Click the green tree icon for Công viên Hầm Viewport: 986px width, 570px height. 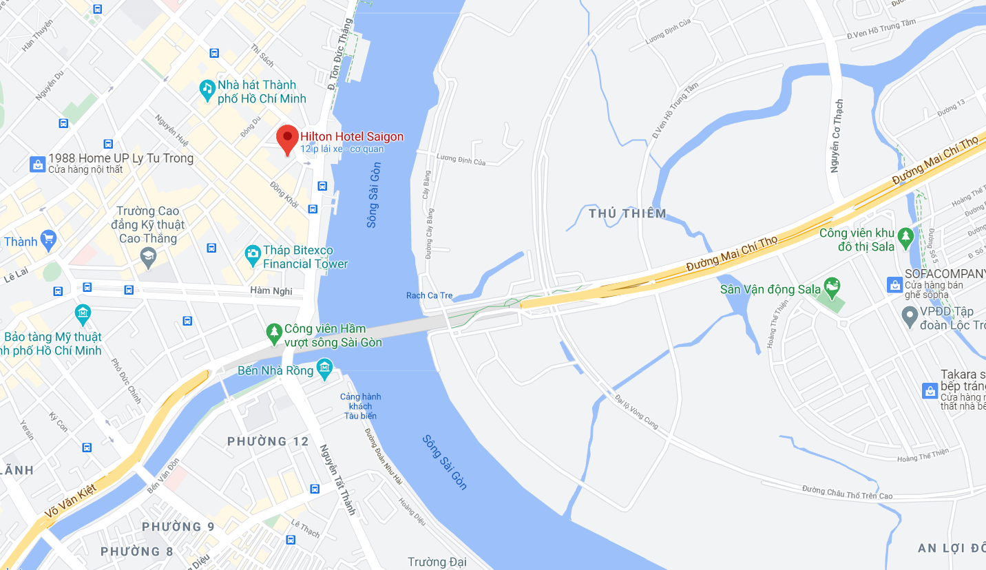(274, 333)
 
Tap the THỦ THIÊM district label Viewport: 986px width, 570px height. (627, 213)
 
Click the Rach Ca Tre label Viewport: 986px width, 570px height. (430, 296)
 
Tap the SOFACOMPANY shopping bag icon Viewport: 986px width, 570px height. (894, 284)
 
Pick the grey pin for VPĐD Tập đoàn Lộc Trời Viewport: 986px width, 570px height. (910, 316)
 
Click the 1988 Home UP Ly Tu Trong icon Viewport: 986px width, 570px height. (37, 164)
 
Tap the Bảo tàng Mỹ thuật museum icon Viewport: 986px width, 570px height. (83, 315)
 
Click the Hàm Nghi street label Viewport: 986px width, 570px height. (271, 291)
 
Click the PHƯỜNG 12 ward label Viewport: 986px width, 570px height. (269, 441)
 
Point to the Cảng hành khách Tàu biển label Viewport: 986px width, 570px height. (360, 406)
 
